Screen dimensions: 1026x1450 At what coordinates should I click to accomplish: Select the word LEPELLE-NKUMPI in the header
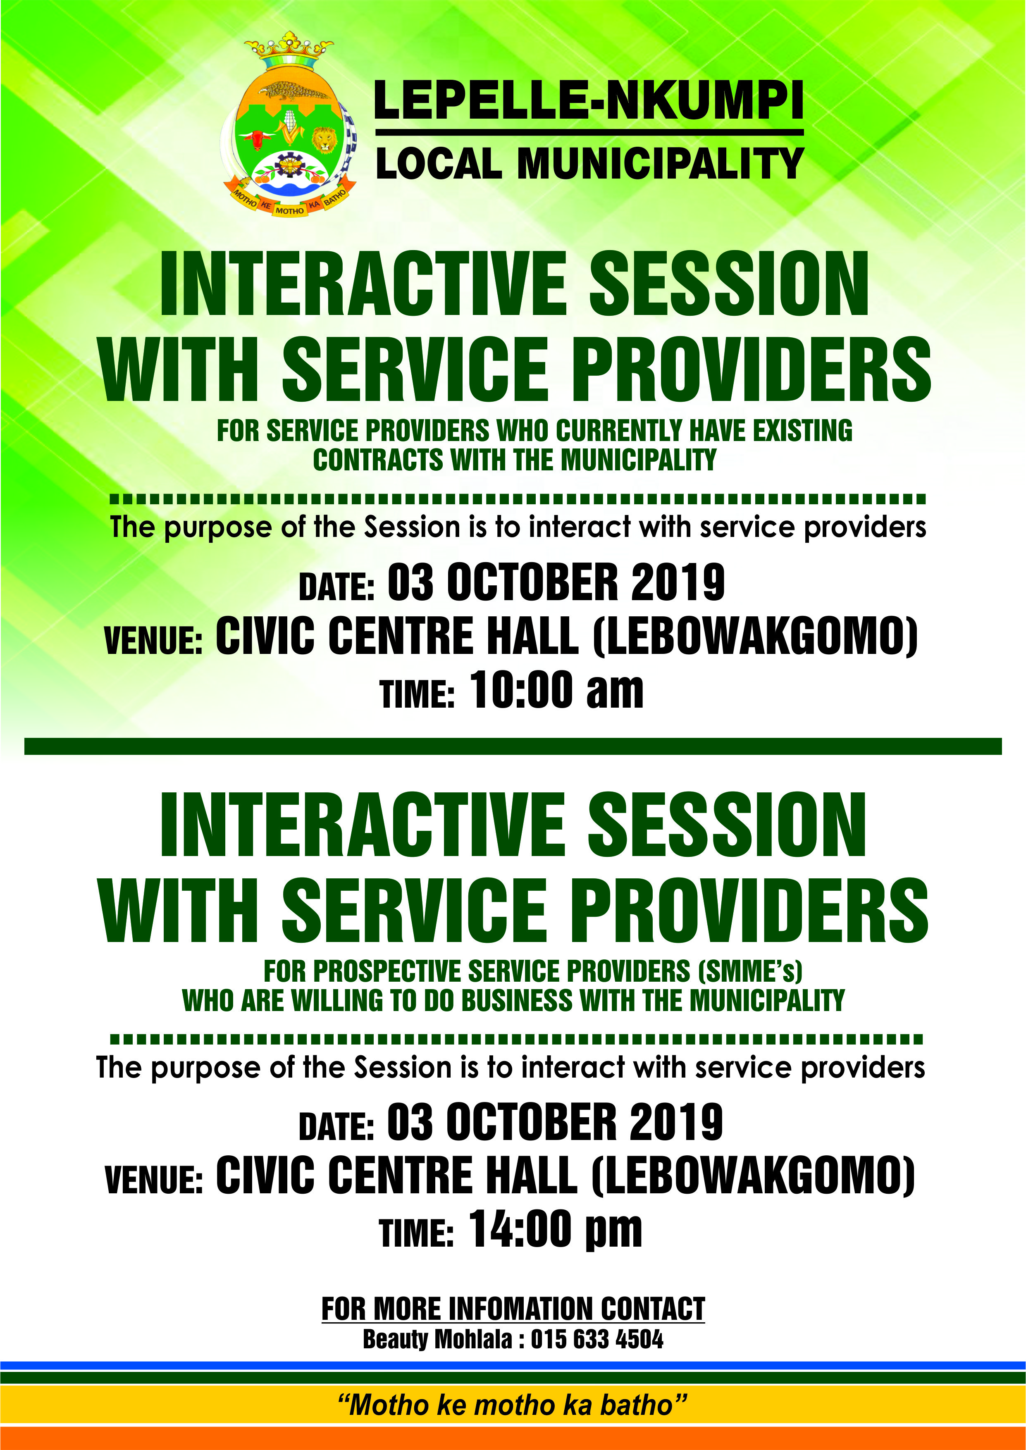coord(589,100)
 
